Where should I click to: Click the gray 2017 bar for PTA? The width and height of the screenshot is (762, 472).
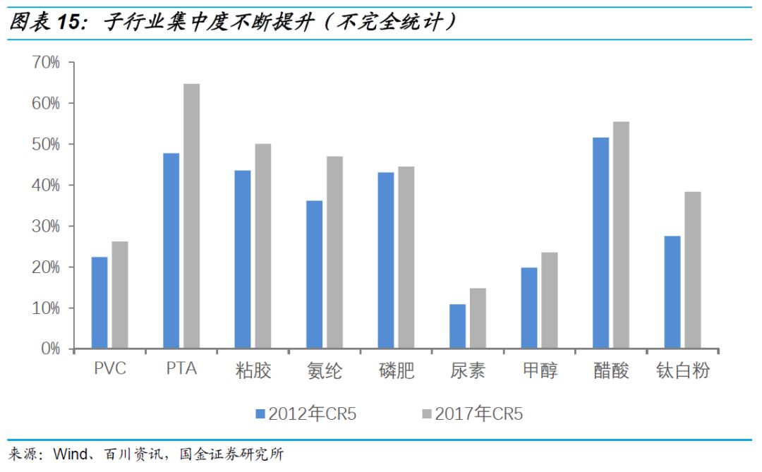[191, 216]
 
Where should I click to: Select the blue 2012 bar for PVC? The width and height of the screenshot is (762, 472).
[100, 303]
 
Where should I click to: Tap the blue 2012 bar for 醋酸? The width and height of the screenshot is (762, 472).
[600, 243]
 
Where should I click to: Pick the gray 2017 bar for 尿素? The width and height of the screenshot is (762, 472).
[478, 318]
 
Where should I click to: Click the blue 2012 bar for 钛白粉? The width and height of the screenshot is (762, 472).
[672, 292]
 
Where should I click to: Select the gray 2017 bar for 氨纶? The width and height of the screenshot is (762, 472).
[334, 253]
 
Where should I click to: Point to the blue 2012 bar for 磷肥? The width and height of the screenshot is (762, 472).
[386, 260]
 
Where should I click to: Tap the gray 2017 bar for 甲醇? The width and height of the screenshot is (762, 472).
[549, 301]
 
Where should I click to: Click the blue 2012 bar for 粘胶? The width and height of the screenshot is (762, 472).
[243, 260]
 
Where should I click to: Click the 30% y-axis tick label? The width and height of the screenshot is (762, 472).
[46, 226]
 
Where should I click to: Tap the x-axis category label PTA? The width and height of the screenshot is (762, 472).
[181, 369]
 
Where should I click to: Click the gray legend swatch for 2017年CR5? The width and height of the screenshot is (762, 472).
[427, 413]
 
